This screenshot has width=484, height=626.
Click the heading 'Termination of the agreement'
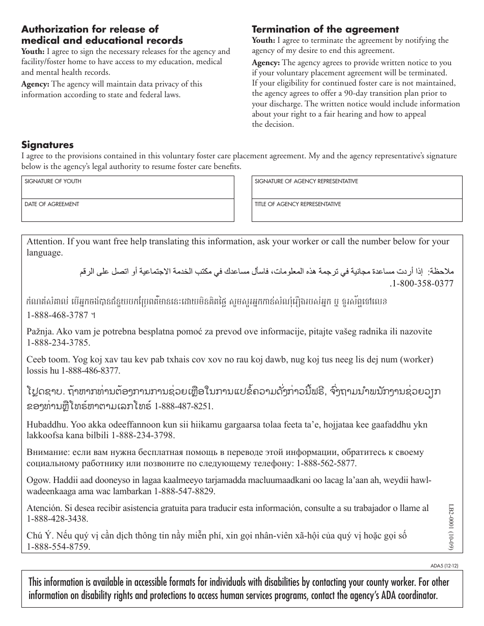326,30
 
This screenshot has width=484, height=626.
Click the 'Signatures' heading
47,145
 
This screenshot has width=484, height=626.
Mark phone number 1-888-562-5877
326,463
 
